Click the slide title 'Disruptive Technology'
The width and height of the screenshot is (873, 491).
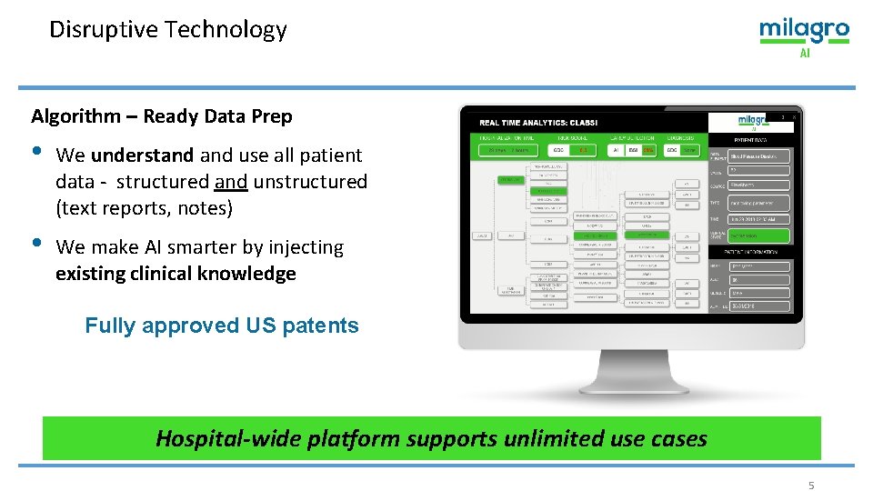pos(168,30)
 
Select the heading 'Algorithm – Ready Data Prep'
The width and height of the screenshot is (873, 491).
pos(162,116)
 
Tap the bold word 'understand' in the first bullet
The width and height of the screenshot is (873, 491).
pos(142,155)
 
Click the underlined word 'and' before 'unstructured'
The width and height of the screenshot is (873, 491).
pos(231,182)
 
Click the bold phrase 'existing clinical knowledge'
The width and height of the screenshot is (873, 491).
pos(176,274)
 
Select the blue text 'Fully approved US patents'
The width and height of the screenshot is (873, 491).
pos(222,326)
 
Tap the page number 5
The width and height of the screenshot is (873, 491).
pos(811,486)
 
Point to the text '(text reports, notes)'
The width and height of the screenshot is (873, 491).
pos(145,208)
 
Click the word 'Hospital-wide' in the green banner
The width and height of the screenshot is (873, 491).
pos(210,438)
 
